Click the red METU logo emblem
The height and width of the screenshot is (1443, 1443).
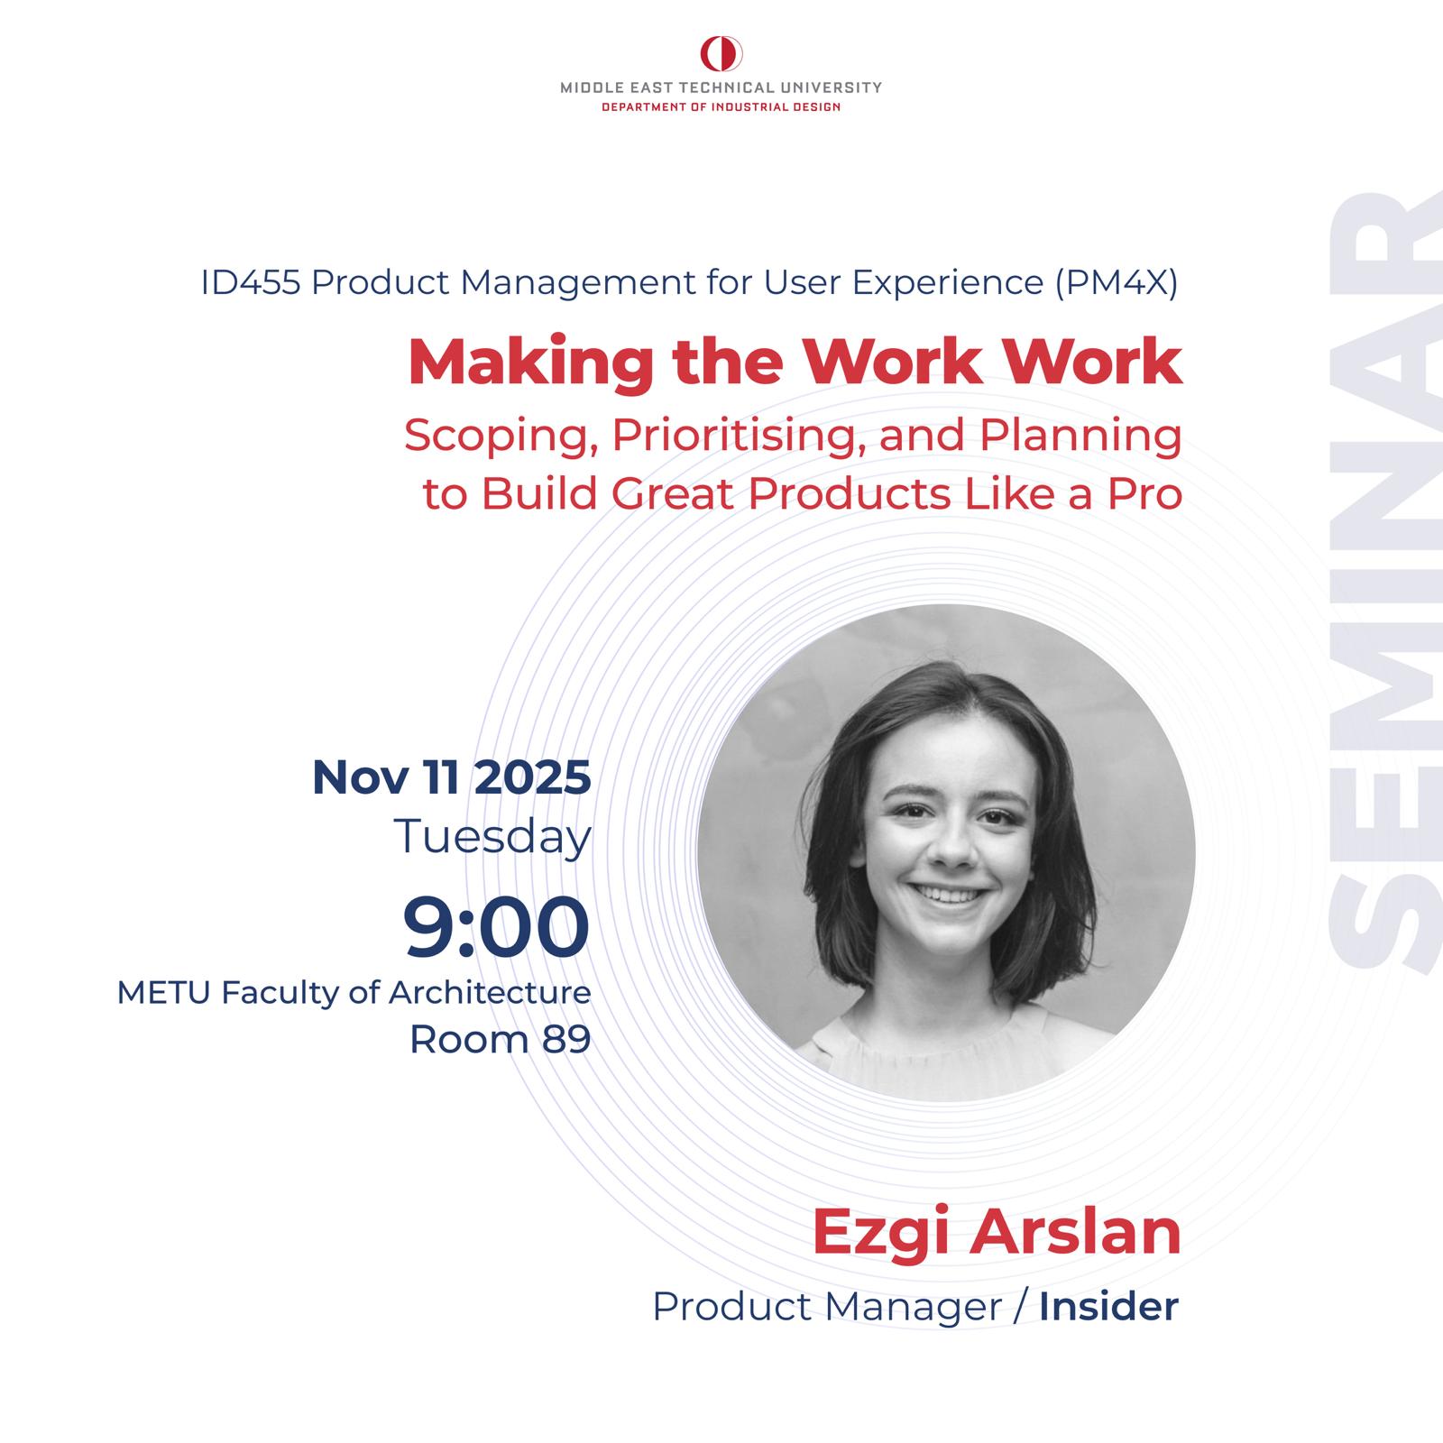coord(721,54)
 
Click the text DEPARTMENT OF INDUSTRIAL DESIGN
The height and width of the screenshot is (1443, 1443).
coord(721,107)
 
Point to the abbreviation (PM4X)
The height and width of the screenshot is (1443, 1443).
coord(1116,284)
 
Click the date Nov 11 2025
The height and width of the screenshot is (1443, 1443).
coord(452,777)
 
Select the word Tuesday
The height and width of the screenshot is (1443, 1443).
coord(492,837)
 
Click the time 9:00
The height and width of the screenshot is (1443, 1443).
coord(496,926)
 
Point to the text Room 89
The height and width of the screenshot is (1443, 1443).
coord(501,1039)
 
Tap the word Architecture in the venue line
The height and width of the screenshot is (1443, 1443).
coord(490,993)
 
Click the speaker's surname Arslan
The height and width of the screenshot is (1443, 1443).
coord(1074,1232)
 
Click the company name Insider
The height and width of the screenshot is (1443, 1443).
coord(1108,1307)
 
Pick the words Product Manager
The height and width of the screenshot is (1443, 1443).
coord(827,1307)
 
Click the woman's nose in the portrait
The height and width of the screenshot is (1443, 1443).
coord(946,846)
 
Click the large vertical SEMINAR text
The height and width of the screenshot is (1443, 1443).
coord(1384,582)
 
